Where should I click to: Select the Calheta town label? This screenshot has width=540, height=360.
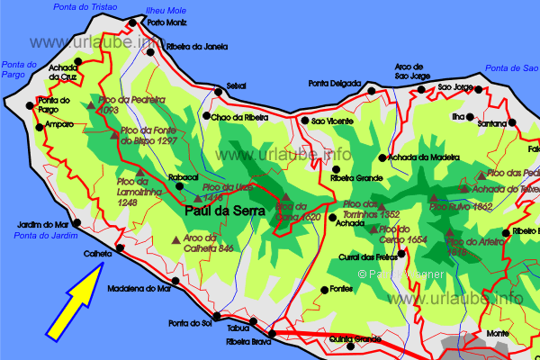96,255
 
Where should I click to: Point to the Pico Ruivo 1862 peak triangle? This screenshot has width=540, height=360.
433,196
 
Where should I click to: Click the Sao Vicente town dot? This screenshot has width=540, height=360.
304,121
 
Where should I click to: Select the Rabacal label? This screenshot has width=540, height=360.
183,178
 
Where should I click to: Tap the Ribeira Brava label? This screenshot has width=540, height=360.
249,342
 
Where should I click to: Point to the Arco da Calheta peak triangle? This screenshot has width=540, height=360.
162,238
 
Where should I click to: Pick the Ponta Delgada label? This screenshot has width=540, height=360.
335,84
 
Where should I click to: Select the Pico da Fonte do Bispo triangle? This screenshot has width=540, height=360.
113,135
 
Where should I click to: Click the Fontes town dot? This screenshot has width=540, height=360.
325,290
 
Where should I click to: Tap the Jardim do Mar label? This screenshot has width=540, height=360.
43,224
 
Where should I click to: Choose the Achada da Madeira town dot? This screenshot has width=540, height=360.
382,157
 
